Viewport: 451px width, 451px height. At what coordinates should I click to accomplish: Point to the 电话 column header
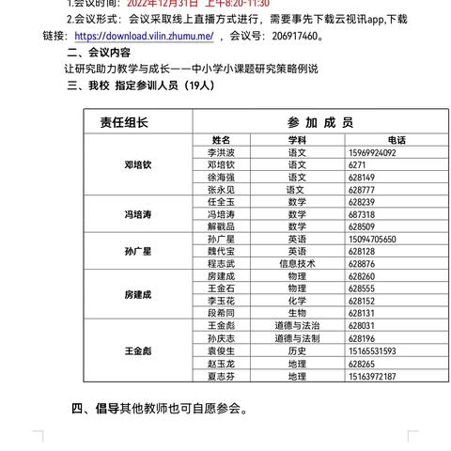(x=395, y=140)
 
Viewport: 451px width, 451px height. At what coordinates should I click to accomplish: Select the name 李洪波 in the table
(x=221, y=152)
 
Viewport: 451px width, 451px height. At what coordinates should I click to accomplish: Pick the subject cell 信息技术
(x=297, y=264)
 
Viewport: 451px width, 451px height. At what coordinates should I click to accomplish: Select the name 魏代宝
(x=221, y=252)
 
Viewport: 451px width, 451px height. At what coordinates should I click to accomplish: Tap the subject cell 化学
(x=297, y=302)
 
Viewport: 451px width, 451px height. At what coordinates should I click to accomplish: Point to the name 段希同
(x=221, y=314)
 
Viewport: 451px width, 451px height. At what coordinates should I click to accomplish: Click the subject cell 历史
(x=297, y=350)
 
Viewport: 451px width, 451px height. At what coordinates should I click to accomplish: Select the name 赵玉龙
(x=221, y=363)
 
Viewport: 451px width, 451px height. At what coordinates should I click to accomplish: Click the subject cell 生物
(x=297, y=314)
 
